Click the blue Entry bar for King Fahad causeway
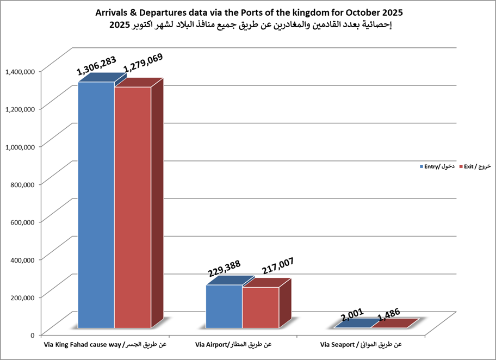click(96, 207)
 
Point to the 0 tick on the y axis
click(33, 334)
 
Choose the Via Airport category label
click(232, 345)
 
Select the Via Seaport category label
click(361, 345)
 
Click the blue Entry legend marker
click(420, 166)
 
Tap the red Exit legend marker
click(460, 166)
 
